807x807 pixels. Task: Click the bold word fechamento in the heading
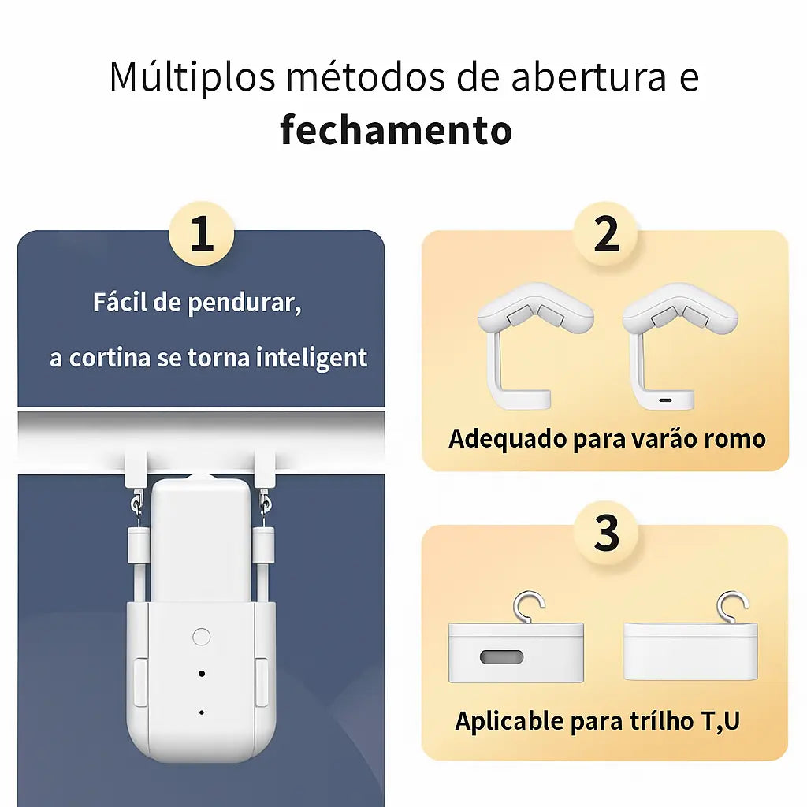click(x=396, y=130)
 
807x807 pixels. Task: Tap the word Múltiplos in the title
click(x=192, y=76)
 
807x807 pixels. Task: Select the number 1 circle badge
click(x=202, y=235)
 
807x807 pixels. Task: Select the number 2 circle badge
click(x=605, y=235)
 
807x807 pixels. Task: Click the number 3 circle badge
click(x=605, y=533)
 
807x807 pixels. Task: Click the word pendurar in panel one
click(x=244, y=303)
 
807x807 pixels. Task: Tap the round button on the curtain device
click(x=201, y=637)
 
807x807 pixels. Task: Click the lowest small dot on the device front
click(x=201, y=712)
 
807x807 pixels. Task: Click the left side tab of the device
click(x=140, y=682)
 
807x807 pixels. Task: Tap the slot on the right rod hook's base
click(x=666, y=400)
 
